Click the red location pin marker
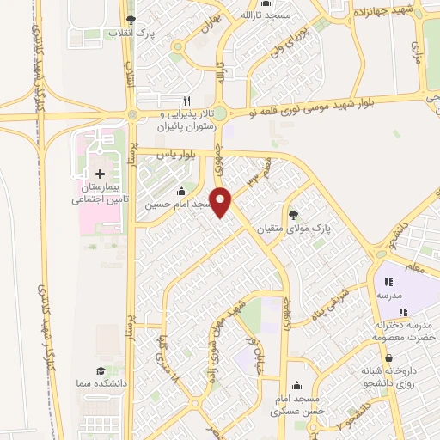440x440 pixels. pyautogui.click(x=222, y=201)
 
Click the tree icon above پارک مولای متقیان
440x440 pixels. pyautogui.click(x=295, y=216)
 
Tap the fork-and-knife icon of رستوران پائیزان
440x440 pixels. pyautogui.click(x=187, y=100)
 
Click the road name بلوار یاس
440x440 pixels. pyautogui.click(x=182, y=152)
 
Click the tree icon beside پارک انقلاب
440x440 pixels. pyautogui.click(x=130, y=19)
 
